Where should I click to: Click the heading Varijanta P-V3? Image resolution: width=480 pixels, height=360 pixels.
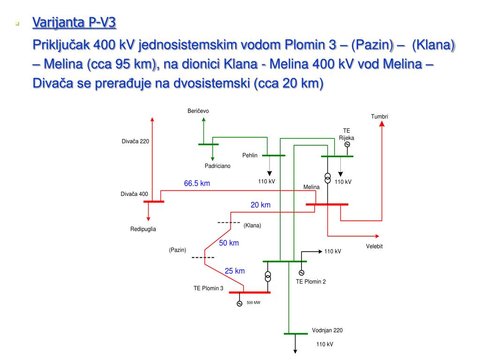click(74, 22)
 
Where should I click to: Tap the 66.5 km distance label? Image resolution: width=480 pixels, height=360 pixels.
click(197, 184)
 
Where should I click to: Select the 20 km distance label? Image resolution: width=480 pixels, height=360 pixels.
click(261, 205)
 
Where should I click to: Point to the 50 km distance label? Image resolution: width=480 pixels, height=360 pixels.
click(229, 243)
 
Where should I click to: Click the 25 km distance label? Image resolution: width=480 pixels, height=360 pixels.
click(234, 271)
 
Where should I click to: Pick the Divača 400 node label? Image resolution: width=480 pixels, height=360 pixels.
click(134, 194)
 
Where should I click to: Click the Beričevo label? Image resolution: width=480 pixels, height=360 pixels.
click(198, 111)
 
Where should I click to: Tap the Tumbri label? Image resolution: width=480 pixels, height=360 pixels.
click(380, 117)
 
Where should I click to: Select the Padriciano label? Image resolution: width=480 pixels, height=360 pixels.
click(217, 166)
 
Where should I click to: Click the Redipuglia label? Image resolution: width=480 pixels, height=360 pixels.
click(143, 229)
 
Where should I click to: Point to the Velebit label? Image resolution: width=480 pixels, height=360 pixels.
click(375, 247)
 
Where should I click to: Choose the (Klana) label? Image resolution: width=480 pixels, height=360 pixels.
click(252, 225)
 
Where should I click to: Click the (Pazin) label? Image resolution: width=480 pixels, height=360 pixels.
click(178, 250)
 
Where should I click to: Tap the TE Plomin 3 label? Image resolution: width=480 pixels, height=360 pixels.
click(209, 288)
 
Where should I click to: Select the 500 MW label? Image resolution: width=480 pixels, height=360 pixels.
click(253, 303)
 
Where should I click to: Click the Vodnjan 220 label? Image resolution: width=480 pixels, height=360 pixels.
click(327, 330)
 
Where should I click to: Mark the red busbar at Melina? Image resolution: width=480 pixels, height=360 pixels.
click(327, 204)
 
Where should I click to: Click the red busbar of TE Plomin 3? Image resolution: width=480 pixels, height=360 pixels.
click(249, 292)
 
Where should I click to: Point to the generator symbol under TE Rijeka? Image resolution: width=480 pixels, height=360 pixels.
click(347, 144)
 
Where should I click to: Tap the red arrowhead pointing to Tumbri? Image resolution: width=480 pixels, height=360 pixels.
click(382, 124)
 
